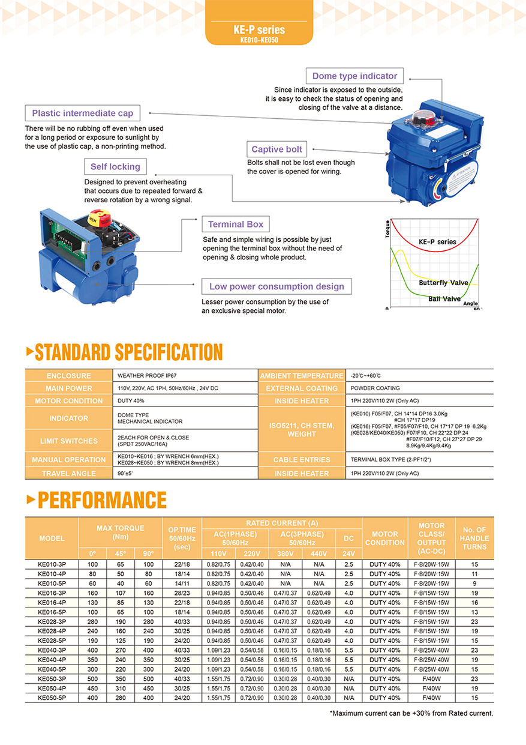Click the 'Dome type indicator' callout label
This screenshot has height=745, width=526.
tap(354, 76)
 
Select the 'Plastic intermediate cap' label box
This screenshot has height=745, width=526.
tap(83, 113)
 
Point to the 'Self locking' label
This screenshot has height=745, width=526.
tap(115, 166)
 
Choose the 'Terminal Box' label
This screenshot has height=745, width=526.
tap(236, 224)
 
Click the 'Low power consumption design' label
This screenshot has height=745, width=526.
tap(276, 286)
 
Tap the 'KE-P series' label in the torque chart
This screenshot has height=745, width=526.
tap(437, 242)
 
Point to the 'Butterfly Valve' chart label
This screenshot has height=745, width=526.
tap(444, 282)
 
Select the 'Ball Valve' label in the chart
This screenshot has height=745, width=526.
tap(444, 298)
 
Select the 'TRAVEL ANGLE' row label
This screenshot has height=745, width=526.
tap(69, 474)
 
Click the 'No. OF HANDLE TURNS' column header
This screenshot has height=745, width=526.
tap(474, 538)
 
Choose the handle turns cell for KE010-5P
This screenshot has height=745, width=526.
tap(474, 584)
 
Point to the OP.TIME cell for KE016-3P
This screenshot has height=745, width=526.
tap(182, 593)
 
